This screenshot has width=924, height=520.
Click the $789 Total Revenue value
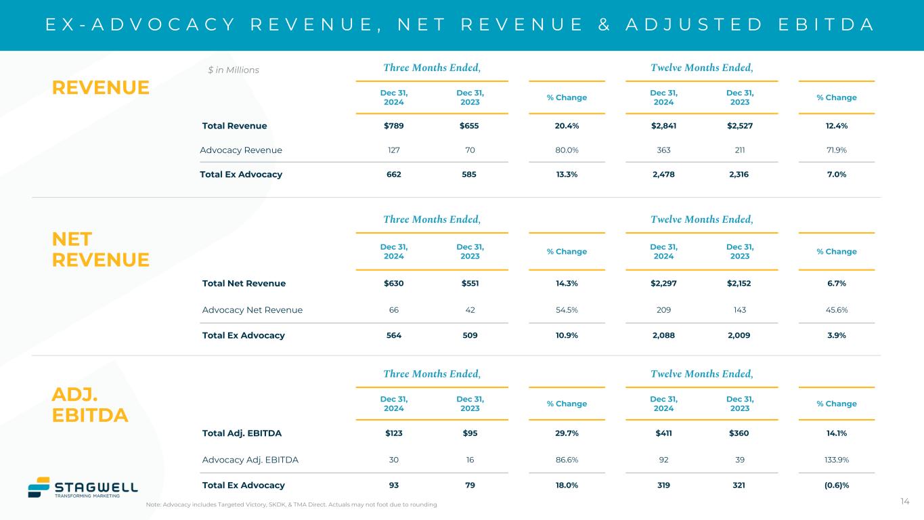393,126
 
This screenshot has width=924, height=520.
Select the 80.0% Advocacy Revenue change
567,150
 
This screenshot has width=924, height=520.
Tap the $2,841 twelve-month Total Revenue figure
663,126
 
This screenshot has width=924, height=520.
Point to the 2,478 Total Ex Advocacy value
663,174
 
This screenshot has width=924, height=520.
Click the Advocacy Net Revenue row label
252,310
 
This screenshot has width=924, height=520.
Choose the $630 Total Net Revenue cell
393,284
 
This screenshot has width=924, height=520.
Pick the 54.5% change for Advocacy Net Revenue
567,310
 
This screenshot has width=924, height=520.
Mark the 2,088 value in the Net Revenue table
663,335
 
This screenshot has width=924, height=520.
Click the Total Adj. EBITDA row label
242,433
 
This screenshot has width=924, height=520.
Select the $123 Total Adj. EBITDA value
393,433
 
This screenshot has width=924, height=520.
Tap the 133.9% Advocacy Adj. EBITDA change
836,460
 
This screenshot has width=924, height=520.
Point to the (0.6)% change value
836,485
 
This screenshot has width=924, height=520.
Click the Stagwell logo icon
39,487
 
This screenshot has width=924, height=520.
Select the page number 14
904,501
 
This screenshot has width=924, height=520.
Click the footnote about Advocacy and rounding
291,505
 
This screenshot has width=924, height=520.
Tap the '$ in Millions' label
233,70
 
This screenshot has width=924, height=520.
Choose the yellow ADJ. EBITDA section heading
89,405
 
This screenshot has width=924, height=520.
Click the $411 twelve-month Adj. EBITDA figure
663,433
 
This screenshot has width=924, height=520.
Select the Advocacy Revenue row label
241,150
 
